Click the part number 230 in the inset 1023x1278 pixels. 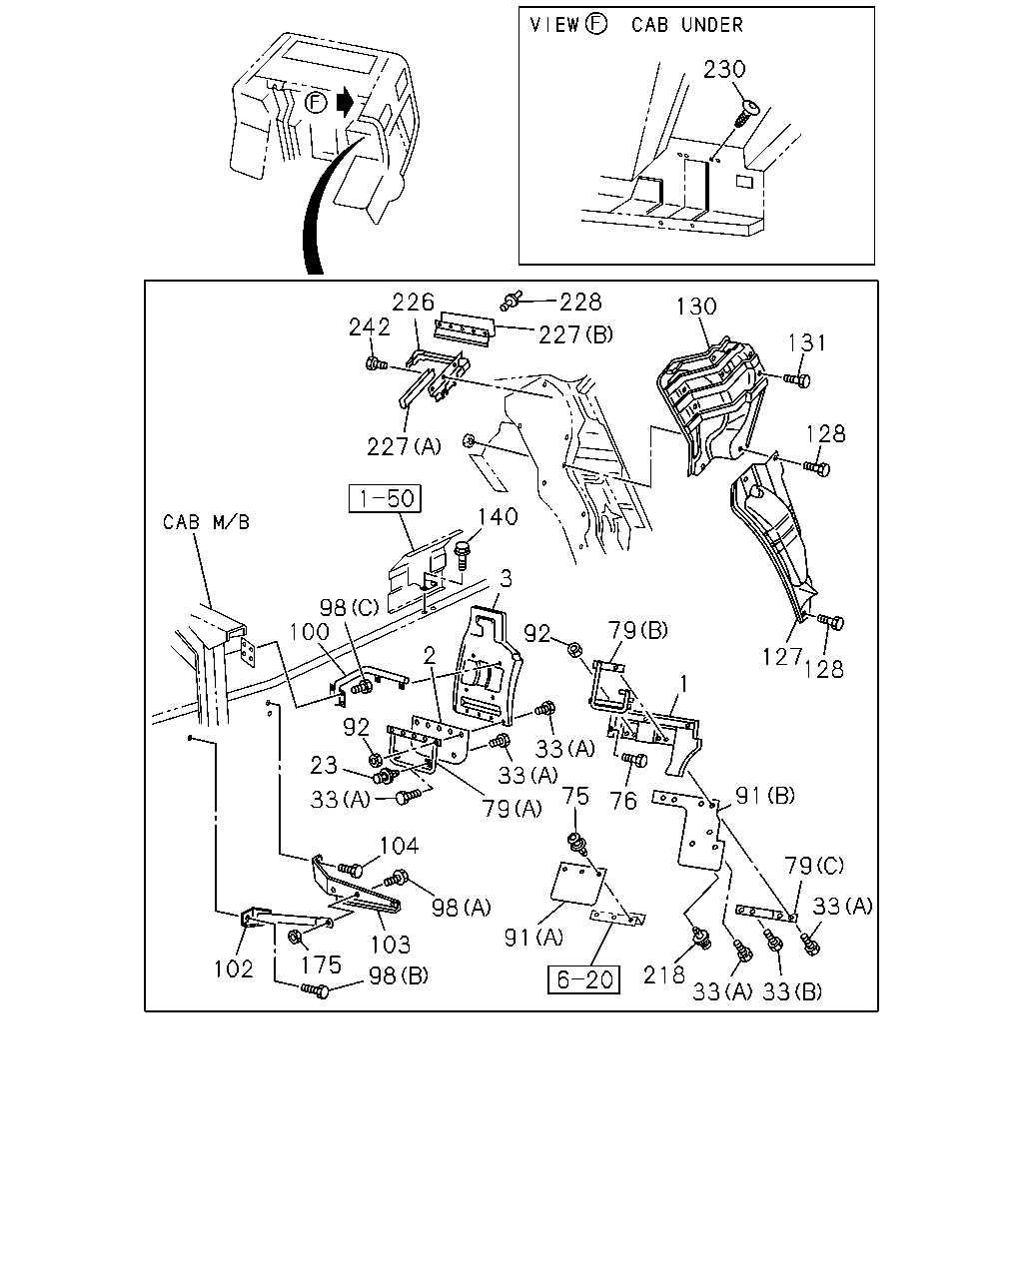724,70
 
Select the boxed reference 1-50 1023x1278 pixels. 385,498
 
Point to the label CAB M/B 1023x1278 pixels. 206,522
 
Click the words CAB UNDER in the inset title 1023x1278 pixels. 687,25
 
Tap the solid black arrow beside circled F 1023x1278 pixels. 345,102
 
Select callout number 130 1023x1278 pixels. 696,307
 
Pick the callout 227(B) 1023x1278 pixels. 575,334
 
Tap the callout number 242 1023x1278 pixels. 369,327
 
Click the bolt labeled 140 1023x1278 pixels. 462,556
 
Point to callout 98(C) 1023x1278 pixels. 349,607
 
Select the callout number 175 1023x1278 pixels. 321,965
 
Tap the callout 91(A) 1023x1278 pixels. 533,938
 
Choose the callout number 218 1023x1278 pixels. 664,974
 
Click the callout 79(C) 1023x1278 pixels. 814,866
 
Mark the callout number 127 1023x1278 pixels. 783,657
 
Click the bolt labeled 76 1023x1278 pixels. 634,760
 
